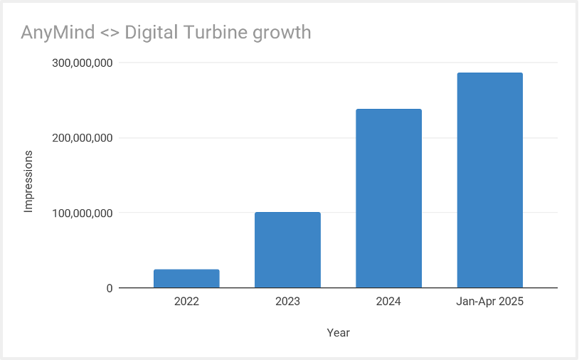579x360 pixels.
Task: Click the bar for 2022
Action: (x=186, y=279)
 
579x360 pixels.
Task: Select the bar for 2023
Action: (x=287, y=250)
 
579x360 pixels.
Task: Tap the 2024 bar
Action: (x=388, y=198)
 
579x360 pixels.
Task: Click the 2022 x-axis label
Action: (x=186, y=302)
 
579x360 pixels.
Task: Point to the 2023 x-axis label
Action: (x=287, y=302)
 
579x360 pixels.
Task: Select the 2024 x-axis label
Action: (x=388, y=302)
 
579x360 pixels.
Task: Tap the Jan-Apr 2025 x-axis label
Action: (x=489, y=302)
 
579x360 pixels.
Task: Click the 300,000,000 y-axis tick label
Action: (x=83, y=63)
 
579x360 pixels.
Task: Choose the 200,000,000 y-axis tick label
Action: (x=83, y=138)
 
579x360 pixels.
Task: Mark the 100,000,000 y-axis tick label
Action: (x=83, y=213)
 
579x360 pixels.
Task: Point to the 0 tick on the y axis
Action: (x=110, y=288)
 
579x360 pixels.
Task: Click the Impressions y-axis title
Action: (x=29, y=181)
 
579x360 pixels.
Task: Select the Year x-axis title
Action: (x=338, y=332)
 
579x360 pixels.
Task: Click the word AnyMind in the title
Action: (x=55, y=33)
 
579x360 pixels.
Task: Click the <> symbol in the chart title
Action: (x=106, y=33)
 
